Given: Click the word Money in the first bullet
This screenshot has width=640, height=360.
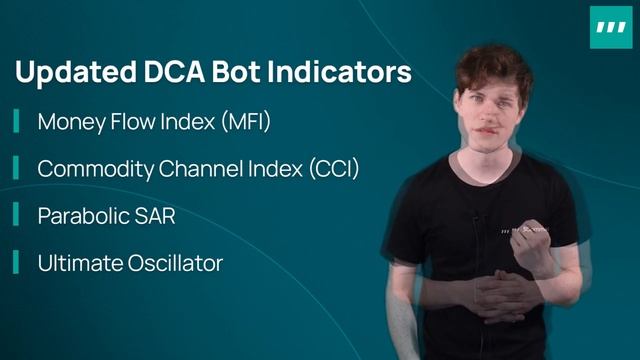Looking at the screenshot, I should coord(71,123).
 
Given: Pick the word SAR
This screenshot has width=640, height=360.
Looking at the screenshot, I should coord(159,216).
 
